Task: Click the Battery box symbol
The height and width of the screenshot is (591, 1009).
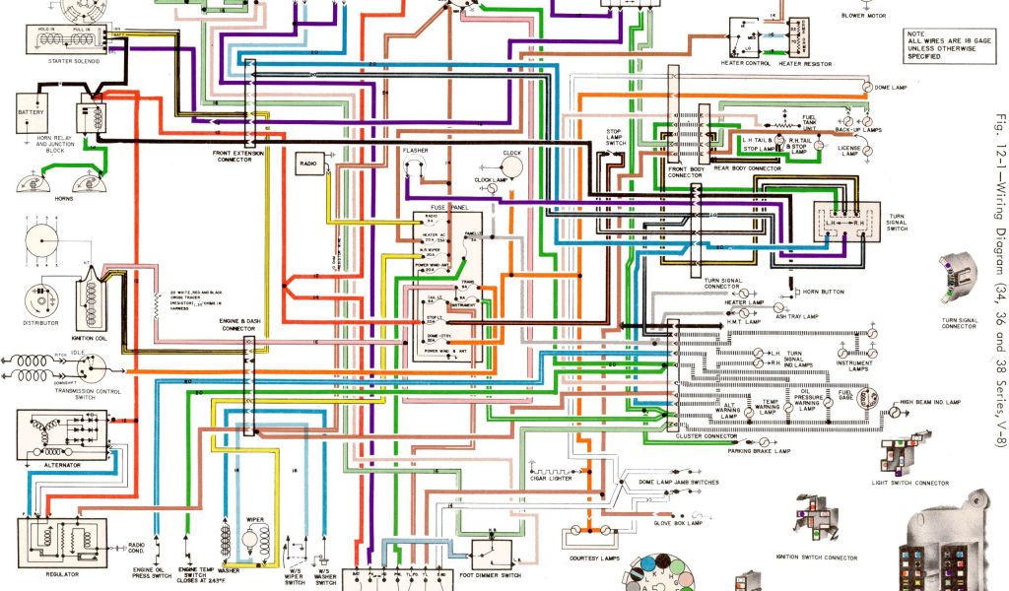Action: [x=31, y=118]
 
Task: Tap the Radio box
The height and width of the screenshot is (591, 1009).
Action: [x=308, y=163]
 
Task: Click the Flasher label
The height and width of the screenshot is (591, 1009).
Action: [x=416, y=150]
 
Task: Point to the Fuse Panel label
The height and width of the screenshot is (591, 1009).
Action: [x=446, y=208]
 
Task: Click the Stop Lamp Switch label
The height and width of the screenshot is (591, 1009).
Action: [x=614, y=137]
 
